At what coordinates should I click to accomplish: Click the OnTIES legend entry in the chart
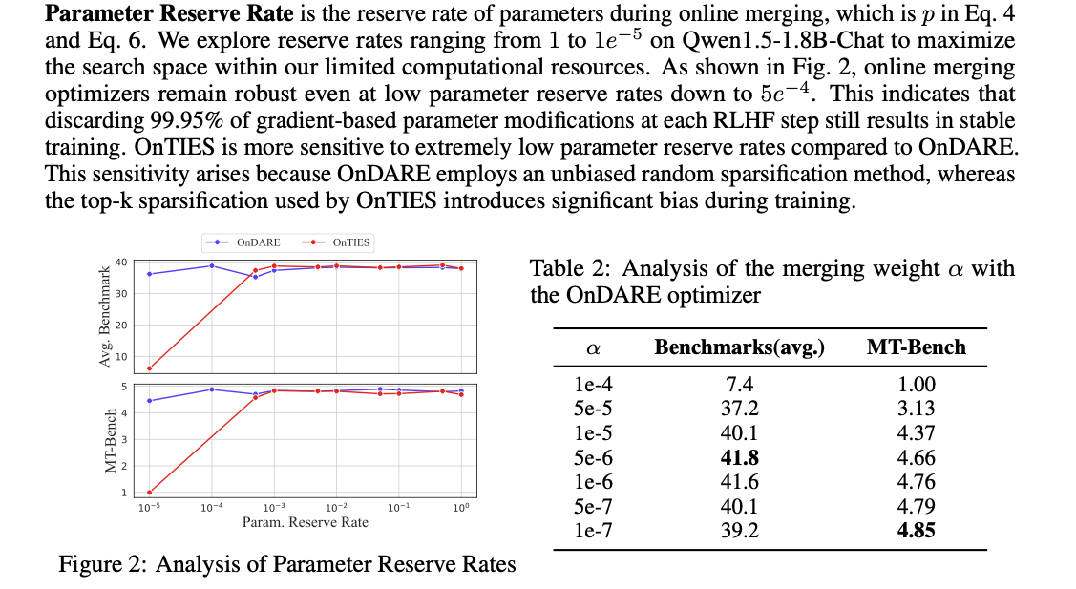click(x=339, y=243)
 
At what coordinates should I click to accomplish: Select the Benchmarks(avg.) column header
click(x=739, y=347)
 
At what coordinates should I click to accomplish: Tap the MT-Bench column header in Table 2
click(x=916, y=347)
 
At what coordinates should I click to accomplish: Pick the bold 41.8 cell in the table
click(x=739, y=457)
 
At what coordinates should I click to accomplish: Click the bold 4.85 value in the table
click(x=916, y=531)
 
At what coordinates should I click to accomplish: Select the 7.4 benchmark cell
click(x=739, y=385)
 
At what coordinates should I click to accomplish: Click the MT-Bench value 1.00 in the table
click(x=916, y=385)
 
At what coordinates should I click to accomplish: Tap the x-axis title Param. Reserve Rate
click(x=306, y=522)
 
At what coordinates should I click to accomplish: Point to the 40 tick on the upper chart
click(x=121, y=263)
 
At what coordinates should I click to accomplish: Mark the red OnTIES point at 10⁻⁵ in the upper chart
click(x=149, y=368)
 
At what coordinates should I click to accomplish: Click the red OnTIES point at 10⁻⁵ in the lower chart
click(x=149, y=493)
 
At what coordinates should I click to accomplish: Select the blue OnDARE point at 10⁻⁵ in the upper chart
click(x=149, y=274)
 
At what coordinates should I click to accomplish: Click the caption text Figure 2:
click(x=103, y=564)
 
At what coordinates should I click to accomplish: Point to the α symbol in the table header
click(x=592, y=349)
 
